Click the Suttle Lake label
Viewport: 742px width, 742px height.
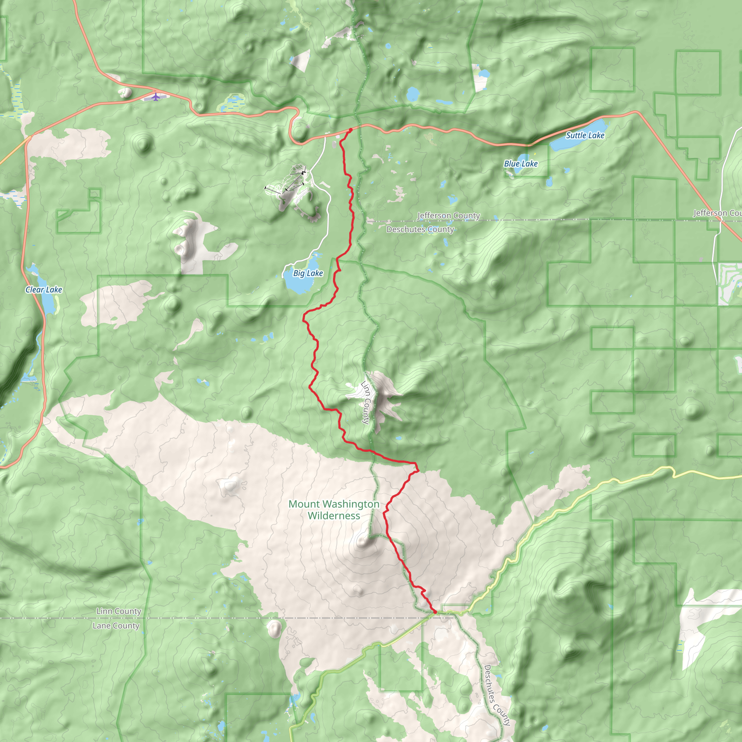(x=585, y=136)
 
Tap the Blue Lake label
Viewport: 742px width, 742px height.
(x=520, y=164)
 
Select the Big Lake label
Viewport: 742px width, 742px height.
(x=308, y=274)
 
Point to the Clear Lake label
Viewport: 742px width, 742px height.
(x=44, y=290)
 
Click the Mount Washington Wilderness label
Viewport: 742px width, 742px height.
(x=334, y=510)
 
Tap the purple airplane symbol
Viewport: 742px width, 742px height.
(x=155, y=96)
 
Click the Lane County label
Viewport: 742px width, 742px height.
(x=116, y=626)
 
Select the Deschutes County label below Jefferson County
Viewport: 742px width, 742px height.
(x=420, y=230)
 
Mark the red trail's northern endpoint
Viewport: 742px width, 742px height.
(x=350, y=130)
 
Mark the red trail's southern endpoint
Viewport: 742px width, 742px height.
(x=435, y=612)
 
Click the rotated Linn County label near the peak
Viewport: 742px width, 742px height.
(x=366, y=403)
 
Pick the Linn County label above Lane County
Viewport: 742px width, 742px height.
(x=119, y=612)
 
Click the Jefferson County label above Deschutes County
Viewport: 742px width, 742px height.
(x=449, y=216)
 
